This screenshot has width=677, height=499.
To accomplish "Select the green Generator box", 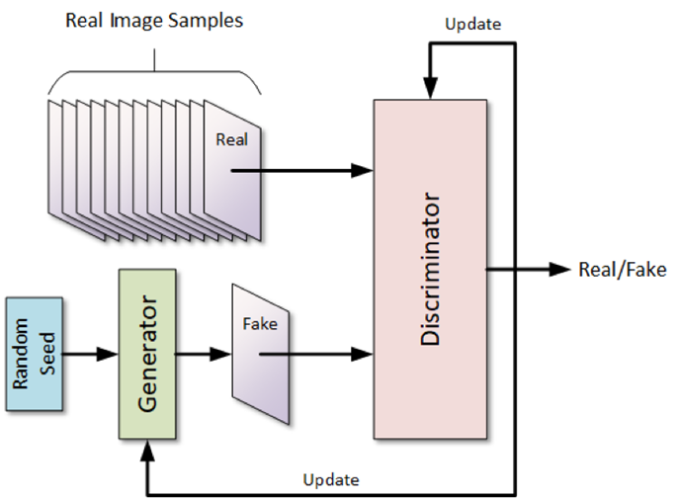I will tap(146, 353).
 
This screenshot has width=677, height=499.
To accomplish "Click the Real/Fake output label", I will tap(622, 269).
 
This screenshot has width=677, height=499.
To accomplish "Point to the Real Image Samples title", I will tap(153, 20).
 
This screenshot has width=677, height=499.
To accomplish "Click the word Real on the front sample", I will tap(231, 139).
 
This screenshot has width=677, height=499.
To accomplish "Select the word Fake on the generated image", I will tap(260, 323).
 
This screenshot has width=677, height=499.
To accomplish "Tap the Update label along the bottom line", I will tap(331, 480).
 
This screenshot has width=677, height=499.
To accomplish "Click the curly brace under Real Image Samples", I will tap(155, 74).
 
